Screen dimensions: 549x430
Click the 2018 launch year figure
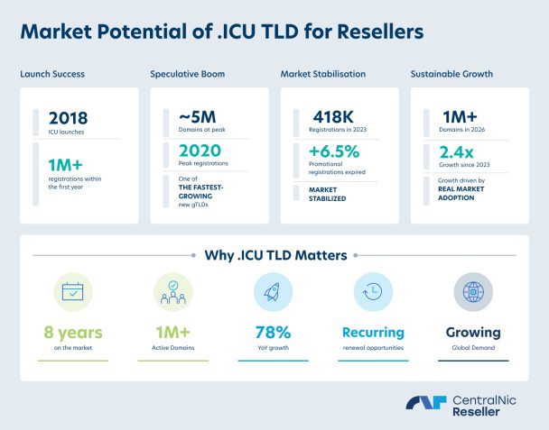click(x=69, y=118)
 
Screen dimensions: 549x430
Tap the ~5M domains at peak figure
click(x=198, y=117)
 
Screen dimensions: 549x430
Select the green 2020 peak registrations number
click(x=200, y=151)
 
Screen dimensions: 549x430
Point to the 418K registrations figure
click(x=333, y=117)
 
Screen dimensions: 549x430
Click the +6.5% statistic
click(x=334, y=151)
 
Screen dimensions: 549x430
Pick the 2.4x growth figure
click(x=456, y=152)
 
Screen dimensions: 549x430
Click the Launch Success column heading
click(x=52, y=74)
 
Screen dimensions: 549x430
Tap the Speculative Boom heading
click(x=188, y=74)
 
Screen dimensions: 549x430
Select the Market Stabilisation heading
click(x=323, y=74)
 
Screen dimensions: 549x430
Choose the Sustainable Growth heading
click(x=451, y=74)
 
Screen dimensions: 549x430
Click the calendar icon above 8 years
click(x=73, y=292)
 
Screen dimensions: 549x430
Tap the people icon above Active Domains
click(x=173, y=292)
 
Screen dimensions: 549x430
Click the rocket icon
click(x=273, y=292)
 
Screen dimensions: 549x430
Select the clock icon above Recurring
click(x=373, y=291)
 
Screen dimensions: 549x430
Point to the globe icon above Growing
click(x=473, y=292)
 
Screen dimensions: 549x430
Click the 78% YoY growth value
click(x=273, y=333)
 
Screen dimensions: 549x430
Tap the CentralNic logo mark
click(x=426, y=402)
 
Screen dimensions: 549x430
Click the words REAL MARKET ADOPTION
click(x=461, y=193)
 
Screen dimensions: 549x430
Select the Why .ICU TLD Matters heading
click(x=276, y=255)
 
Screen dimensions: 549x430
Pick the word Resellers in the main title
click(x=380, y=32)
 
